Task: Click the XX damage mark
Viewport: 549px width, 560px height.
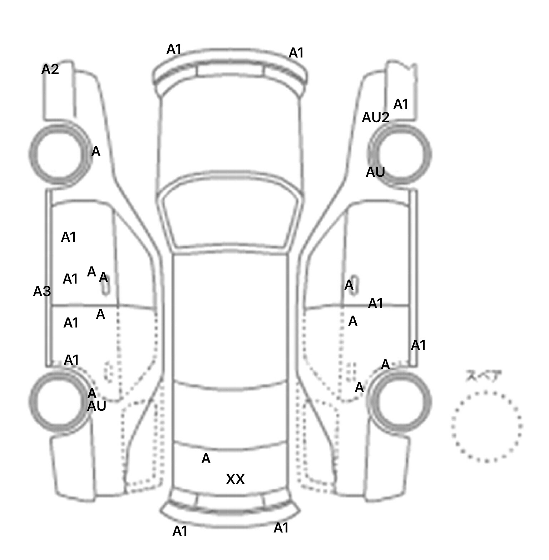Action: [x=235, y=479]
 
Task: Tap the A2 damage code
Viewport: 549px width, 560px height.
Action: [x=50, y=69]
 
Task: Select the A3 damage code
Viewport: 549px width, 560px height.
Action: [x=42, y=291]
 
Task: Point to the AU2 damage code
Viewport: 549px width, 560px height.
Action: [x=375, y=117]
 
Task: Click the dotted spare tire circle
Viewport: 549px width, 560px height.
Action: [x=486, y=426]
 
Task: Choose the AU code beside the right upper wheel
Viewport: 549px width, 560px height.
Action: [x=375, y=172]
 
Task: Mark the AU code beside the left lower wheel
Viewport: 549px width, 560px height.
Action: [x=97, y=406]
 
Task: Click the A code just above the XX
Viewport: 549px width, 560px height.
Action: [x=206, y=459]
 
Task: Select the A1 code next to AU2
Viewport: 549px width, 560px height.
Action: [x=401, y=104]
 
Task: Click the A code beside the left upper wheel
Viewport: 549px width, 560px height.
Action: [x=96, y=152]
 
